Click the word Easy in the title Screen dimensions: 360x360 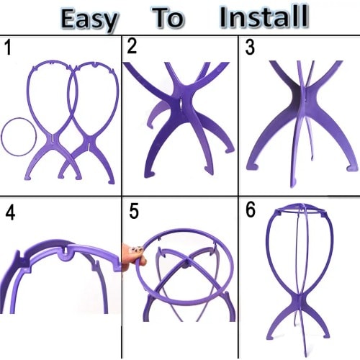coord(89,20)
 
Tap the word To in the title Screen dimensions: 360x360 coord(168,17)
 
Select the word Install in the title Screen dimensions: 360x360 coord(264,17)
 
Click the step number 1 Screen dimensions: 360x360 coord(8,48)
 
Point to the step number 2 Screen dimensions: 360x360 coord(132,46)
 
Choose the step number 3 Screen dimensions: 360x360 coord(250,47)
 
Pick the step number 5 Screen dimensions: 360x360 coord(134,211)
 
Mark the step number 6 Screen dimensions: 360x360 coord(251,210)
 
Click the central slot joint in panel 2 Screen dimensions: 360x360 coord(181,104)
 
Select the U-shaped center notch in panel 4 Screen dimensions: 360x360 coord(65,253)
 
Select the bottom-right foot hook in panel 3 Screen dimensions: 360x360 coord(351,168)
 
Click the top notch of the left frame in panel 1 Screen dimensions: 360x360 coord(51,63)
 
